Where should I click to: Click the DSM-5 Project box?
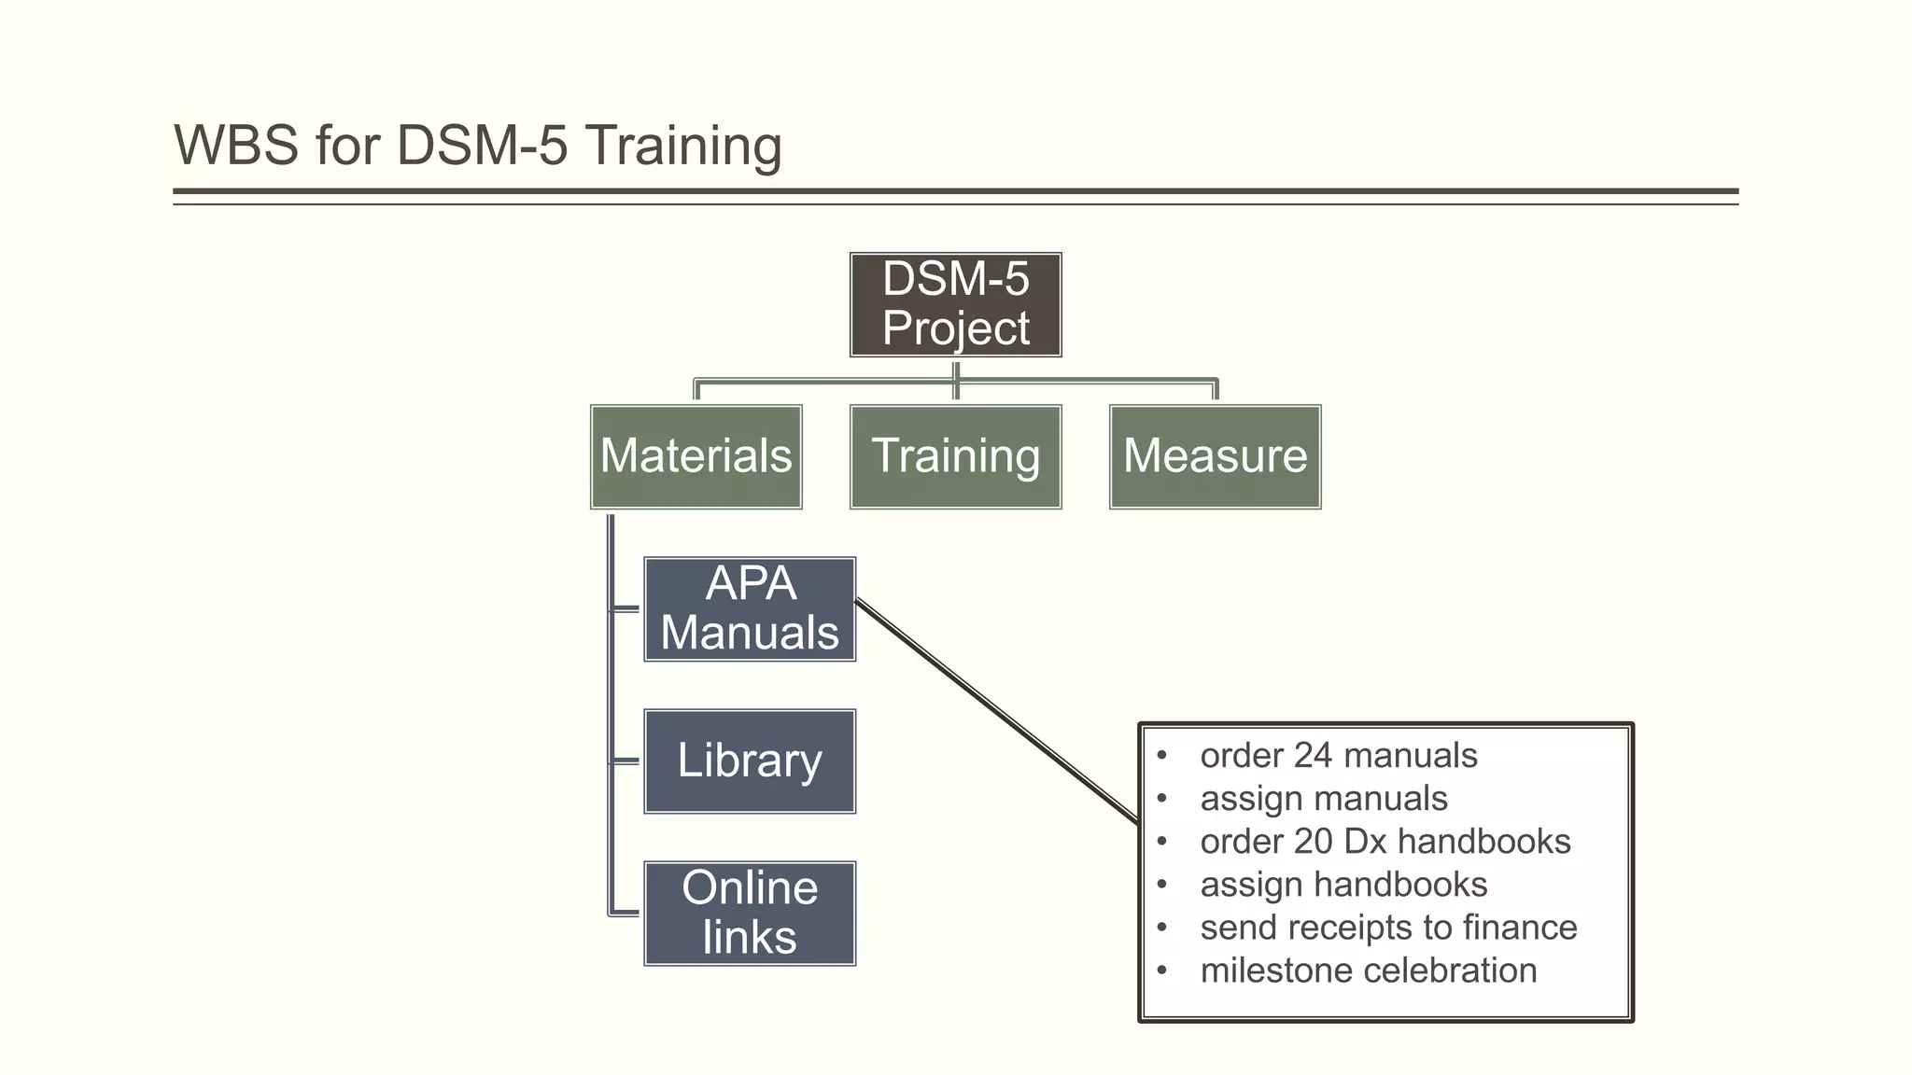[x=955, y=304]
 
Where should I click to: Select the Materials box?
[x=696, y=456]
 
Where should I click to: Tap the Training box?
[x=955, y=456]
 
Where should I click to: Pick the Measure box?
[x=1215, y=456]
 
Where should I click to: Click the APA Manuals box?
[x=750, y=608]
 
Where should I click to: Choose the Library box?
[x=750, y=761]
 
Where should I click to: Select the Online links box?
[x=750, y=913]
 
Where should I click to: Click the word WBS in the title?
[x=236, y=146]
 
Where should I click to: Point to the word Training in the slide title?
[x=683, y=147]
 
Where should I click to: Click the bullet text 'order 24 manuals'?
[x=1338, y=755]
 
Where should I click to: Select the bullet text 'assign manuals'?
[x=1323, y=798]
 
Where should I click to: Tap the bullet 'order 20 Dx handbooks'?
[x=1385, y=841]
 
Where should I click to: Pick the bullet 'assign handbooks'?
[x=1343, y=884]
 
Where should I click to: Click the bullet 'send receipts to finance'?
[x=1387, y=927]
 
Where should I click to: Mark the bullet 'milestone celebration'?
[x=1368, y=970]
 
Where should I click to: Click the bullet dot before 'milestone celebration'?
[x=1161, y=970]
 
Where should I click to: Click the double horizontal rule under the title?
[x=955, y=195]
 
